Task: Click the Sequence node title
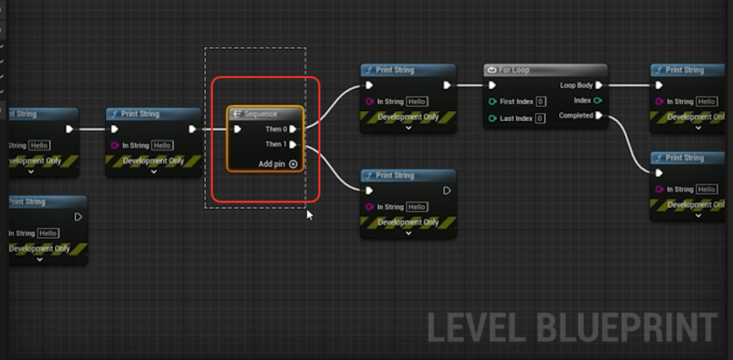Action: coord(260,114)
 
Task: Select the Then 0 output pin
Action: coord(293,129)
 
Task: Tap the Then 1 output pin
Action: coord(293,145)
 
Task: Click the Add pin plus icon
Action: coord(294,164)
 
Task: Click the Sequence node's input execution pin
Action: coord(238,129)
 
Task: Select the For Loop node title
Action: coord(515,70)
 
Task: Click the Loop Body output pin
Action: coord(599,85)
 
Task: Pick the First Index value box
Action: coord(541,102)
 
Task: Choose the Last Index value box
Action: coord(540,119)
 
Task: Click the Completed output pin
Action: coord(599,116)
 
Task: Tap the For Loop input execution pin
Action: coord(492,85)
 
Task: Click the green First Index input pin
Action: coord(492,102)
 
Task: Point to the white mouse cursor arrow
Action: coord(309,214)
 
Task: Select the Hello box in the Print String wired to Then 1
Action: coord(417,207)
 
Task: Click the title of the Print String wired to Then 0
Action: coord(395,70)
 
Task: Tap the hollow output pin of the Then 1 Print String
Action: coord(447,191)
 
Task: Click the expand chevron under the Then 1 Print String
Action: coord(408,233)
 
